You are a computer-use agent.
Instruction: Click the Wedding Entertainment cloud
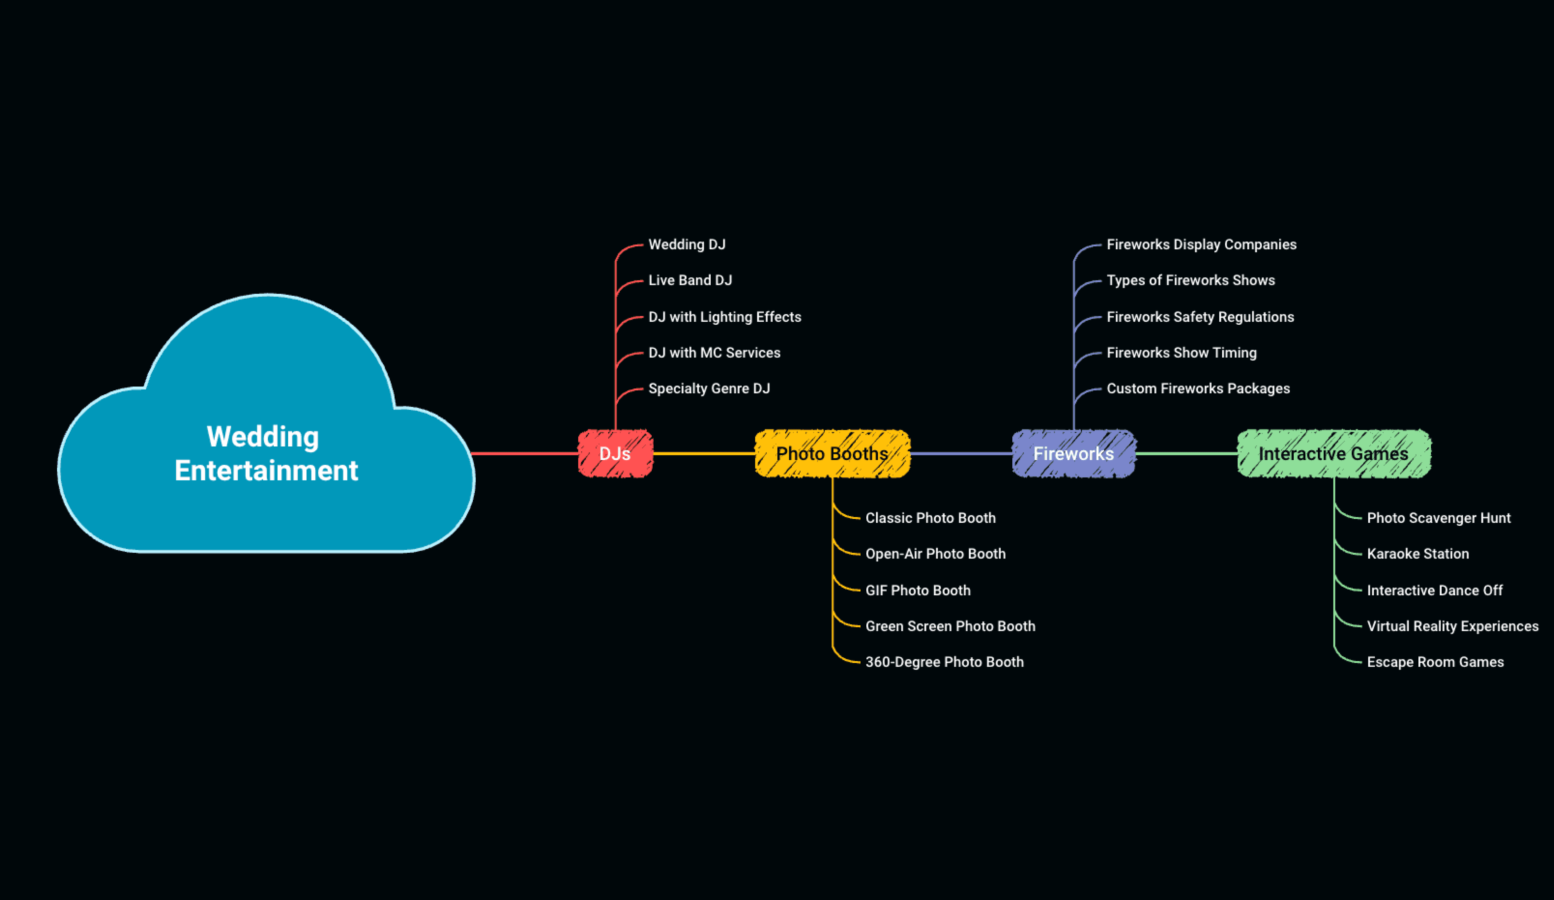point(266,453)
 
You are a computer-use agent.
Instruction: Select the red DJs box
point(615,454)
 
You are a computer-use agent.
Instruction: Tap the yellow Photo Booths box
point(832,454)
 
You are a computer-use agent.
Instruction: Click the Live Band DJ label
point(690,280)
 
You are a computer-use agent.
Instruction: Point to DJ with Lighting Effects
point(725,317)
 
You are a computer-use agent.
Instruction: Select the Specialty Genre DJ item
point(709,389)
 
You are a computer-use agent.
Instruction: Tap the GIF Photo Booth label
point(918,591)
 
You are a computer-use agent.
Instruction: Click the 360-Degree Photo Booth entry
point(944,662)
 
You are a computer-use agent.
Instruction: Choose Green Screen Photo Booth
point(950,626)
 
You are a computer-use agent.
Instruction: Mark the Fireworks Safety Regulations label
point(1200,317)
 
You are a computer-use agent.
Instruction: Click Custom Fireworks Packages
point(1198,389)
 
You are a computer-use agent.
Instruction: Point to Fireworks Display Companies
point(1201,245)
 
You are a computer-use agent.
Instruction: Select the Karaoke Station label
point(1418,554)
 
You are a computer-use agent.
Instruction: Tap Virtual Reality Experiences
point(1452,626)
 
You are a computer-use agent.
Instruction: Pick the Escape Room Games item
point(1435,662)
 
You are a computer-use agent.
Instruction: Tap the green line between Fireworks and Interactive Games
point(1186,454)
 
